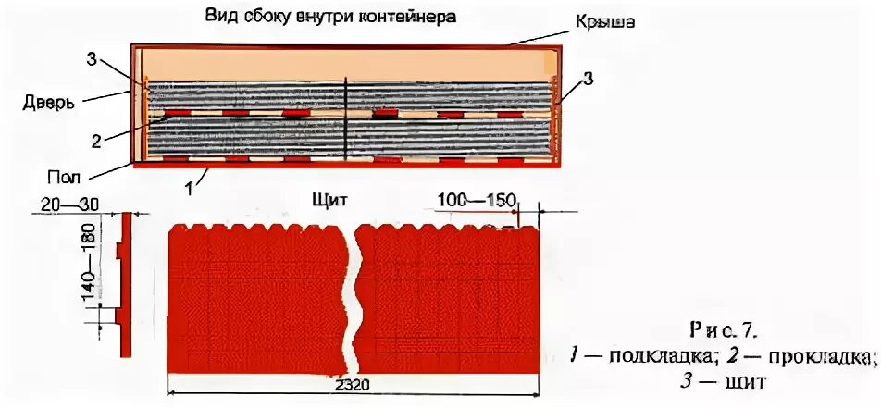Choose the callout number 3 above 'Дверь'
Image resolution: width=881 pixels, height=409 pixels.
pos(91,60)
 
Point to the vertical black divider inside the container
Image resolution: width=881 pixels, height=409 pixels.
pos(345,120)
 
